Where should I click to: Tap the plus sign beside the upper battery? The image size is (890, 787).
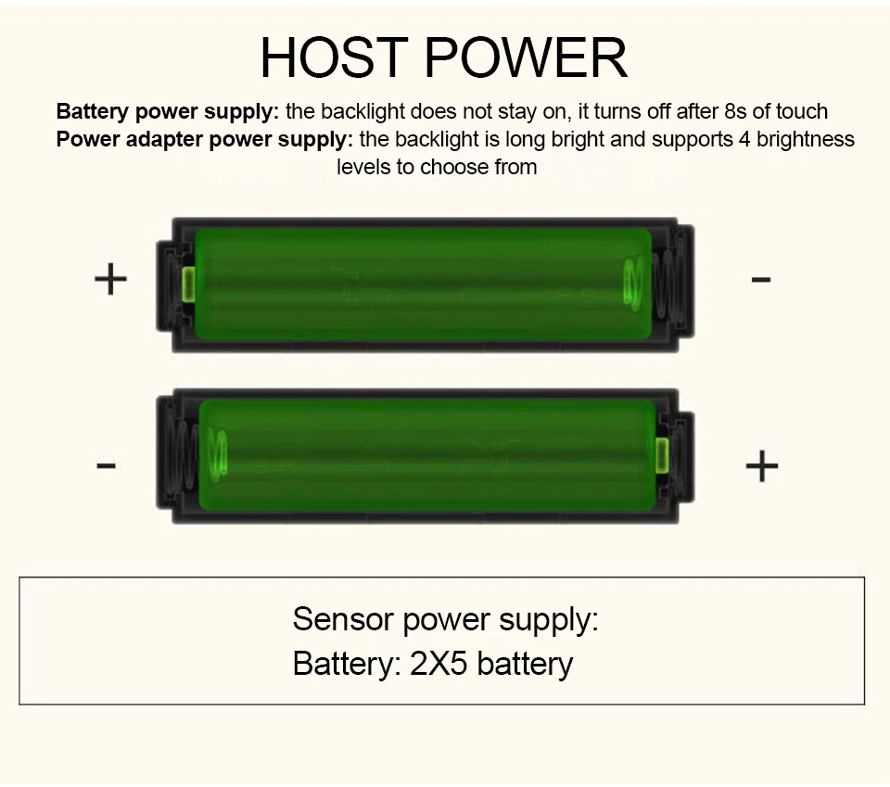click(x=110, y=278)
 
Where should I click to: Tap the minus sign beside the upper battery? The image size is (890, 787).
click(x=761, y=278)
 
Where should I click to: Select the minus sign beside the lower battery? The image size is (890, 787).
click(x=107, y=464)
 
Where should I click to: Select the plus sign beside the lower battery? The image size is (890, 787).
click(x=761, y=465)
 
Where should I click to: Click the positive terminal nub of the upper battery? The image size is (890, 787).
click(x=189, y=284)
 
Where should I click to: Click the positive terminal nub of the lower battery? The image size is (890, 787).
click(x=662, y=455)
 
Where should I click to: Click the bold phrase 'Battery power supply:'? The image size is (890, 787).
click(x=168, y=112)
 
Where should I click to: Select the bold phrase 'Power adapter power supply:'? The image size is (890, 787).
click(x=205, y=140)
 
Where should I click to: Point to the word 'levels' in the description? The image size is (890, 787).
click(x=362, y=168)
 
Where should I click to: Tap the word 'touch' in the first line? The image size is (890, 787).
click(x=803, y=112)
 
